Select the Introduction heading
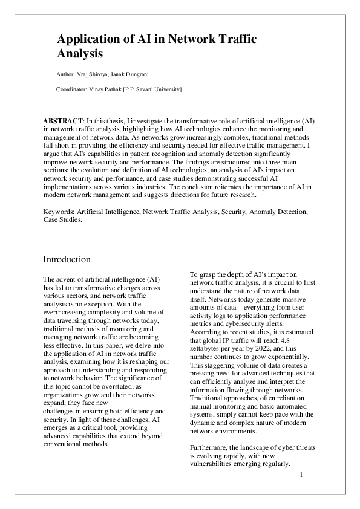pos(67,259)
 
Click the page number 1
pos(301,475)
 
